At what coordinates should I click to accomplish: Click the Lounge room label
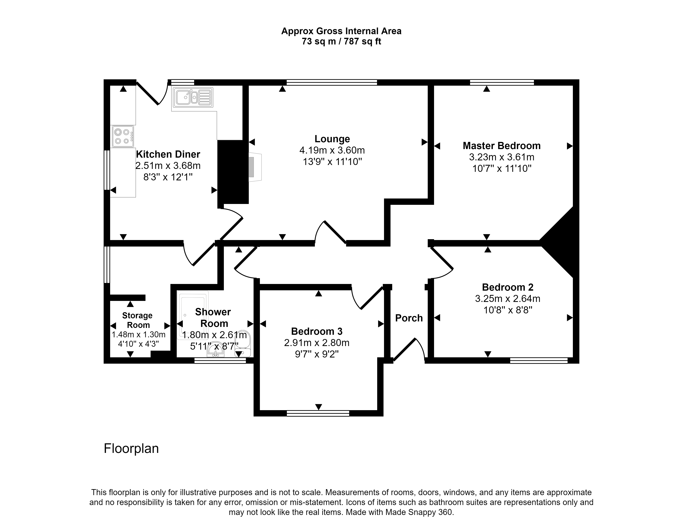(332, 139)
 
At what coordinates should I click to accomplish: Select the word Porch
(409, 318)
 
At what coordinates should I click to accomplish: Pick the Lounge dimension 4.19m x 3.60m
(332, 150)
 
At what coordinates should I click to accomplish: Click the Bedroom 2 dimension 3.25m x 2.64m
(508, 299)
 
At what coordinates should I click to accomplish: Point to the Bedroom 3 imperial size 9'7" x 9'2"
(317, 354)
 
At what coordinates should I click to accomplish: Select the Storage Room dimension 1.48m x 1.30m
(138, 335)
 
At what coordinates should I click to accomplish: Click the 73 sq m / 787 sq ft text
(341, 41)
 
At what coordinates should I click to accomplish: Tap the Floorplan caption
(131, 448)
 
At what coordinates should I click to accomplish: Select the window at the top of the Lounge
(332, 82)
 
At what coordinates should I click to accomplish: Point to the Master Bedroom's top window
(502, 82)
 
